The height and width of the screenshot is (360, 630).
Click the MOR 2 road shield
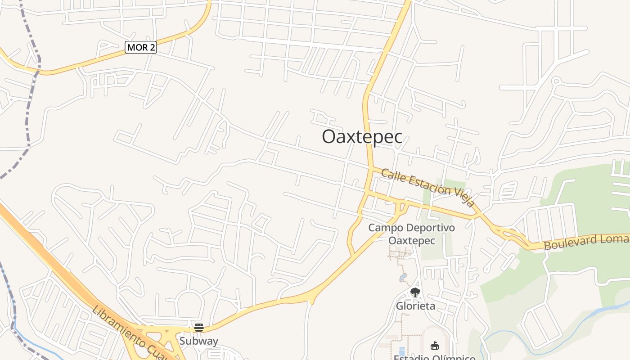[x=141, y=47]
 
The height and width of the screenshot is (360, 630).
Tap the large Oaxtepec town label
[x=362, y=137]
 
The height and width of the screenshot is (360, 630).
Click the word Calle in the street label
[x=390, y=175]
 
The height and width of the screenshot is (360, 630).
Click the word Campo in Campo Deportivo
[x=384, y=228]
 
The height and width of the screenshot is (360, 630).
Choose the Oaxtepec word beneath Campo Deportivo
[x=412, y=241]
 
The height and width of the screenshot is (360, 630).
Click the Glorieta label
[x=415, y=306]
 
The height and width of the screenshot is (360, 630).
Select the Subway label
[x=198, y=341]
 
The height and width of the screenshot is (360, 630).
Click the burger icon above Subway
[x=199, y=327]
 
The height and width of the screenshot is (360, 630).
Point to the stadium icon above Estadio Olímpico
[x=434, y=346]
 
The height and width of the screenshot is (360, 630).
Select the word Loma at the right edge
[x=616, y=238]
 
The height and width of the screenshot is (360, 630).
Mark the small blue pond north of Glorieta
[x=403, y=278]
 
